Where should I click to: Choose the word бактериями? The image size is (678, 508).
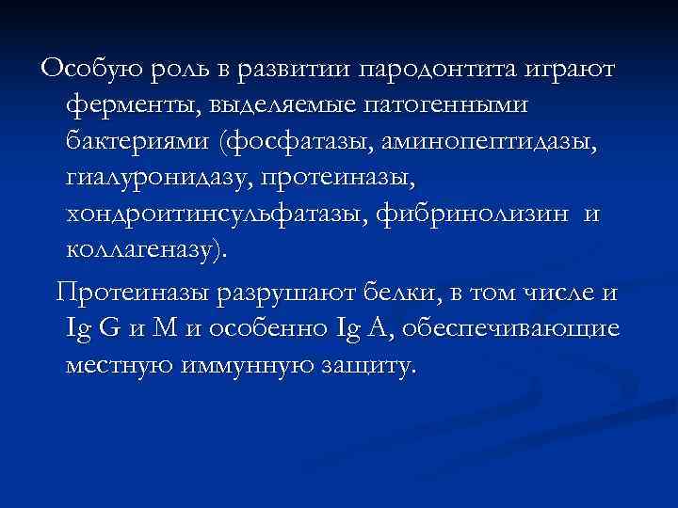pyautogui.click(x=137, y=141)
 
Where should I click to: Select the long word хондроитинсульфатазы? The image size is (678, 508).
pyautogui.click(x=216, y=214)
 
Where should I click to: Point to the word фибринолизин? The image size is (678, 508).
pyautogui.click(x=472, y=214)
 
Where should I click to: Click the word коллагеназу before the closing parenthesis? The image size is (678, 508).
pyautogui.click(x=141, y=250)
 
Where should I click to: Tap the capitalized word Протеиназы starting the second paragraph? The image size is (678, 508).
pyautogui.click(x=132, y=293)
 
